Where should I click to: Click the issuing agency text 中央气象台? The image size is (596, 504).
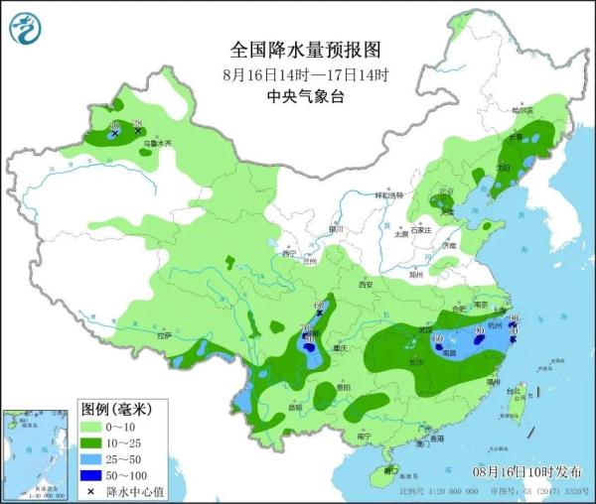pyautogui.click(x=305, y=96)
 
